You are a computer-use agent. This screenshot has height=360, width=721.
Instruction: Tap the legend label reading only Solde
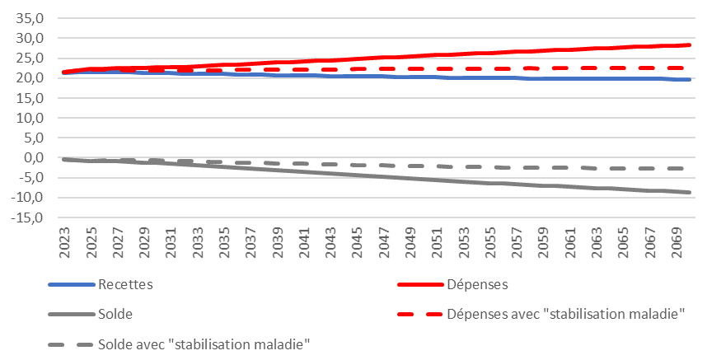pos(115,314)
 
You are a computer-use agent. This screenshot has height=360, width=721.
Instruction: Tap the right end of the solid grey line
pos(689,192)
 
